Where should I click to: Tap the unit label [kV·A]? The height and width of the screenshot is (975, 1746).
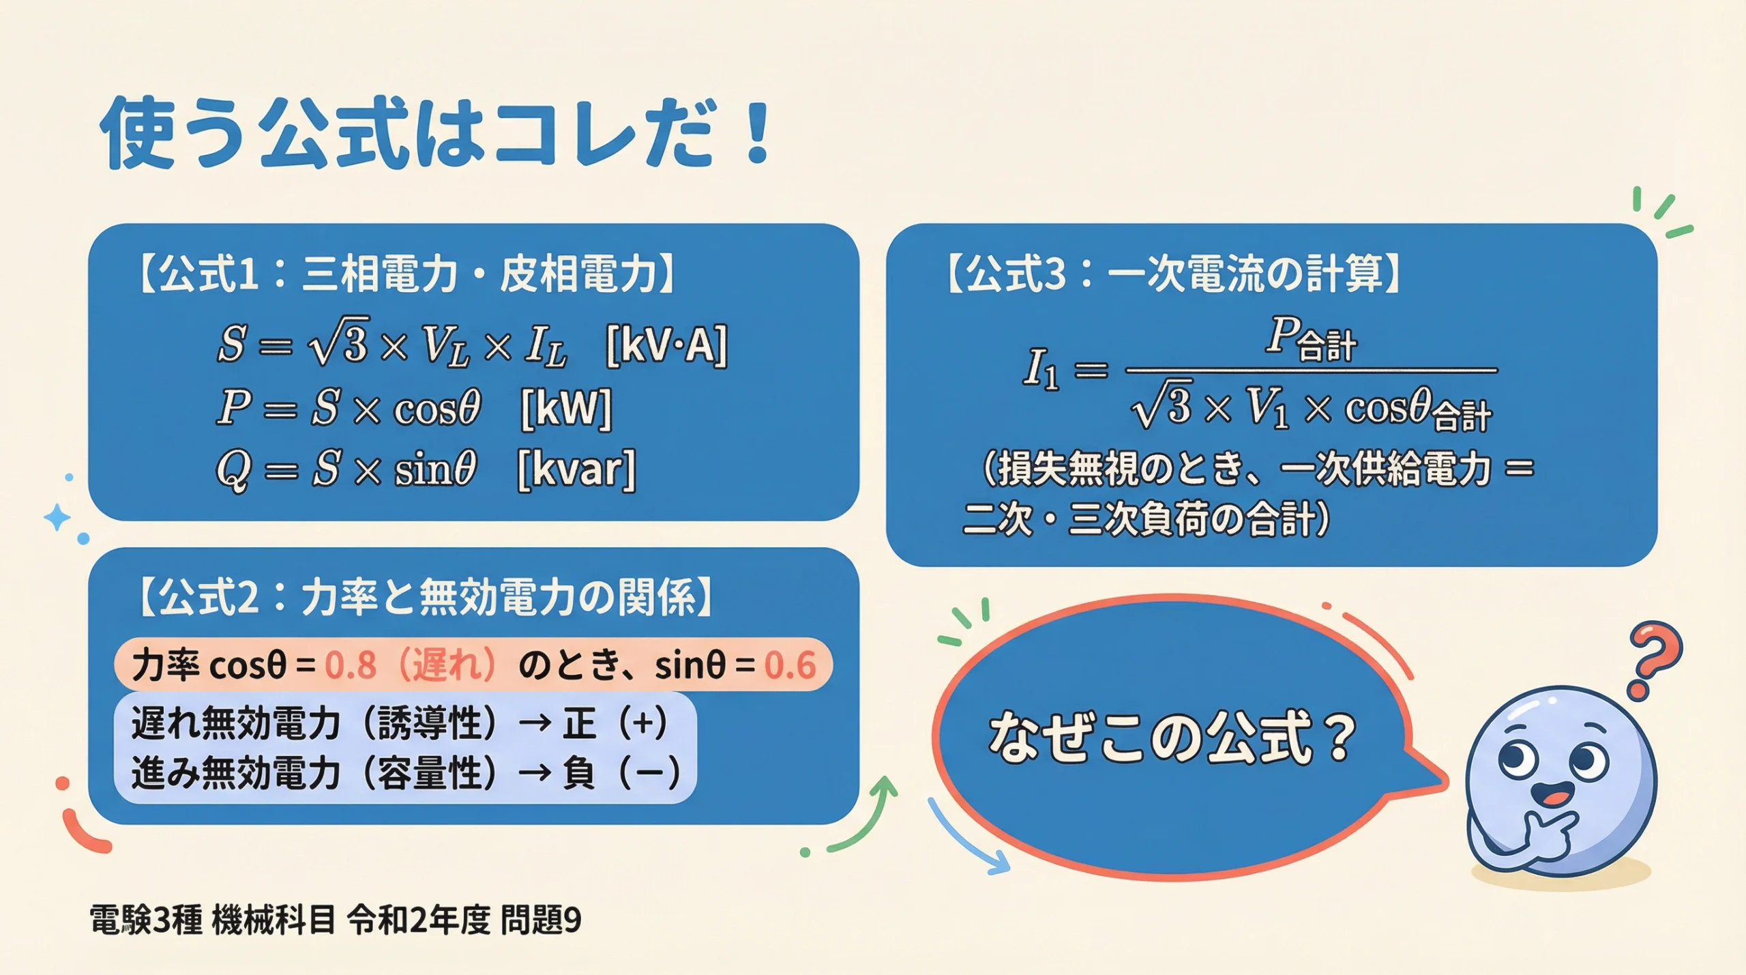[x=666, y=345]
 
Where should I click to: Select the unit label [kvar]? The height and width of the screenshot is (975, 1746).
[x=576, y=469]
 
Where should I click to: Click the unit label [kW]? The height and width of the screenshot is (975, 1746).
[x=566, y=408]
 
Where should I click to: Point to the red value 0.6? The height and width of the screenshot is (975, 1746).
[x=790, y=665]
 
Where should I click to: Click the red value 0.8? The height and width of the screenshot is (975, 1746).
[x=351, y=665]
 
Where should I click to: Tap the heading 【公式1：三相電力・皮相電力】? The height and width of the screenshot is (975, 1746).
[x=406, y=274]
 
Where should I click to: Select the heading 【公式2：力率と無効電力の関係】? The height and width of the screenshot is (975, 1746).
[x=426, y=597]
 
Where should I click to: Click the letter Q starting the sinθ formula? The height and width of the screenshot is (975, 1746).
[x=233, y=471]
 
